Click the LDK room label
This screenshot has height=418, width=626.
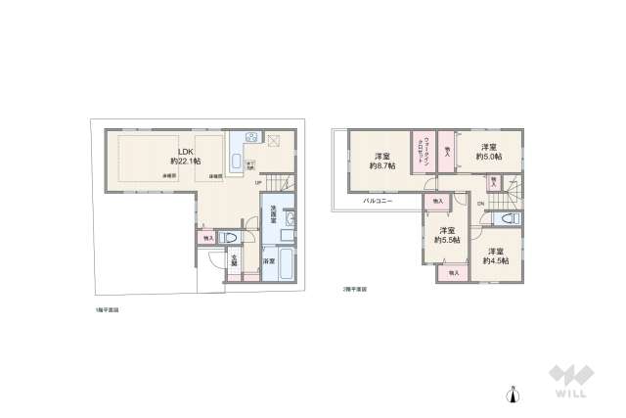pos(183,150)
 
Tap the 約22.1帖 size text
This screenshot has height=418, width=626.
pos(184,161)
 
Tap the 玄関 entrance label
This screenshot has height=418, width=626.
pos(235,260)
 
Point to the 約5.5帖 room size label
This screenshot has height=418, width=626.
pos(449,239)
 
